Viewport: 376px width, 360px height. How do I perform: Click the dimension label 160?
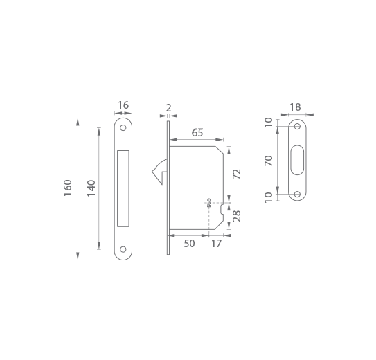(x=68, y=188)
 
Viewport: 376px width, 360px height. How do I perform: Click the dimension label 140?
(x=91, y=188)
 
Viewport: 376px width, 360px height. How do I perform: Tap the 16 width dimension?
(x=123, y=105)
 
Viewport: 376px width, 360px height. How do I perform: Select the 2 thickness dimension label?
(x=168, y=108)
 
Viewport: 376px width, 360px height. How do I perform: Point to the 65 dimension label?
(x=197, y=132)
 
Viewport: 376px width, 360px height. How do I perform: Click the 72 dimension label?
(x=237, y=174)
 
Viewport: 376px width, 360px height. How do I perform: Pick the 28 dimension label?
(x=237, y=216)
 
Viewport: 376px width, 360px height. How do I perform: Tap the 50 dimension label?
(x=189, y=244)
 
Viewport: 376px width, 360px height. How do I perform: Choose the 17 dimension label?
(x=216, y=244)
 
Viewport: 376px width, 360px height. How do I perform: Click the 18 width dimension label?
(x=295, y=107)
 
